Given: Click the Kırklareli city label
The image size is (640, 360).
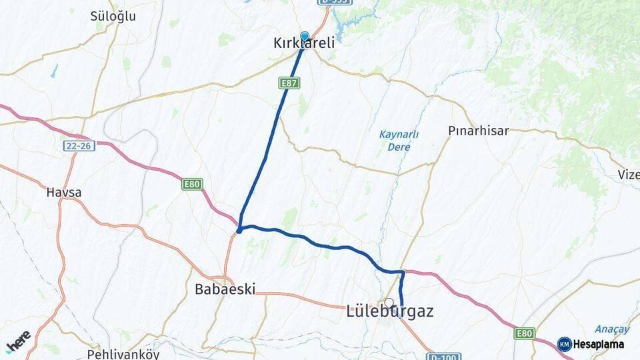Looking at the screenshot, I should (x=304, y=43).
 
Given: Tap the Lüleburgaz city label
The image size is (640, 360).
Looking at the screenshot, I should (x=390, y=311).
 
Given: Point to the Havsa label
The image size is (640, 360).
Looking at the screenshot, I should (x=64, y=193).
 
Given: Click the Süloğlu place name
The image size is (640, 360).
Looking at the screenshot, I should (x=113, y=17).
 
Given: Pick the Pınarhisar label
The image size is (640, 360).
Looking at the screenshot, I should (x=478, y=131).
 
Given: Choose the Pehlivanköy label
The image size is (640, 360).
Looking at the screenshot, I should (x=123, y=354).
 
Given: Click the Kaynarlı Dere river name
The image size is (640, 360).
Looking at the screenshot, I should (x=399, y=140).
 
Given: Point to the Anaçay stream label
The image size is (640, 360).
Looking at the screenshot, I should (x=611, y=329).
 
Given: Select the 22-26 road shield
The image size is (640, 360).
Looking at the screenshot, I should (x=79, y=145).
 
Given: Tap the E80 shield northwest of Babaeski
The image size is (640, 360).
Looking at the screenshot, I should (x=192, y=184).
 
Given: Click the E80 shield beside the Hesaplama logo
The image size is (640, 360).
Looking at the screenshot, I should (x=524, y=333).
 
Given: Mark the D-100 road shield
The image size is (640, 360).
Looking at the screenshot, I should (x=441, y=357).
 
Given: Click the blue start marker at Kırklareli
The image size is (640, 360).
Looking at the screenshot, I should (x=305, y=37).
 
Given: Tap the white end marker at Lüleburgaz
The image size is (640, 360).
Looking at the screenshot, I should (x=389, y=303).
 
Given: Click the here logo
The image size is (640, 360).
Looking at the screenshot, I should (x=18, y=341).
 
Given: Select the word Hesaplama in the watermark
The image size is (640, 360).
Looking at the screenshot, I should (x=599, y=345).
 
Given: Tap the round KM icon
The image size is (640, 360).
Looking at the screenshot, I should (x=564, y=345).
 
